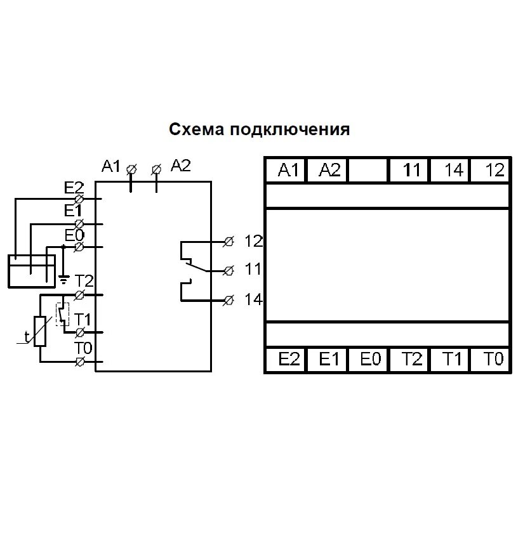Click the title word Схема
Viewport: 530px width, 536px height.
pyautogui.click(x=197, y=129)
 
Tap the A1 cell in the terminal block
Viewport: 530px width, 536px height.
pyautogui.click(x=287, y=170)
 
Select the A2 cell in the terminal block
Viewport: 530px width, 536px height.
pyautogui.click(x=328, y=170)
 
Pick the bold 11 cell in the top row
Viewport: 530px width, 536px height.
pyautogui.click(x=411, y=170)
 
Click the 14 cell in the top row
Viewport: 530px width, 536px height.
pyautogui.click(x=452, y=170)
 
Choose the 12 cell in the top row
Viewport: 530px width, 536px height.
pyautogui.click(x=493, y=170)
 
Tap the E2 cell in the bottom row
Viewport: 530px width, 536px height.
pyautogui.click(x=287, y=360)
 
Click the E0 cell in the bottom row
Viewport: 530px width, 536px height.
pyautogui.click(x=369, y=360)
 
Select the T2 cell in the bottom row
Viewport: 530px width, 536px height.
pyautogui.click(x=411, y=360)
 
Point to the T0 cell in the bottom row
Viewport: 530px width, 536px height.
pyautogui.click(x=493, y=360)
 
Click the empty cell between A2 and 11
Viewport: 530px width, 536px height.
pyautogui.click(x=369, y=170)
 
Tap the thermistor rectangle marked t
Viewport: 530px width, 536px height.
pyautogui.click(x=41, y=331)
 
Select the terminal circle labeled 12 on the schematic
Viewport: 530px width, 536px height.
pyautogui.click(x=229, y=242)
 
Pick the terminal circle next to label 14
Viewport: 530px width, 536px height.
pyautogui.click(x=229, y=299)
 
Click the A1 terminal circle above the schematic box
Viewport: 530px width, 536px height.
pyautogui.click(x=131, y=169)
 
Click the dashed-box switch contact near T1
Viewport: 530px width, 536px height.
pyautogui.click(x=62, y=315)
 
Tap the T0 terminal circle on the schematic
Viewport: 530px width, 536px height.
pyautogui.click(x=80, y=362)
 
